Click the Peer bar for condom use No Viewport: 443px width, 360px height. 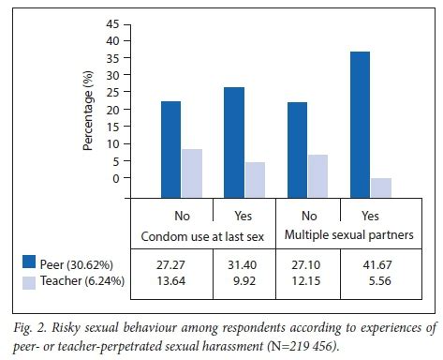[x=170, y=140]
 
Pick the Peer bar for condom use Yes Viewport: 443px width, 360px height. [x=234, y=132]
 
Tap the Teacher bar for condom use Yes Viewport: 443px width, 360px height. [x=255, y=170]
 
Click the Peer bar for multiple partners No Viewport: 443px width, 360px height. [x=298, y=140]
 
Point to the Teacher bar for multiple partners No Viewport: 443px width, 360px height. [x=318, y=166]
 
